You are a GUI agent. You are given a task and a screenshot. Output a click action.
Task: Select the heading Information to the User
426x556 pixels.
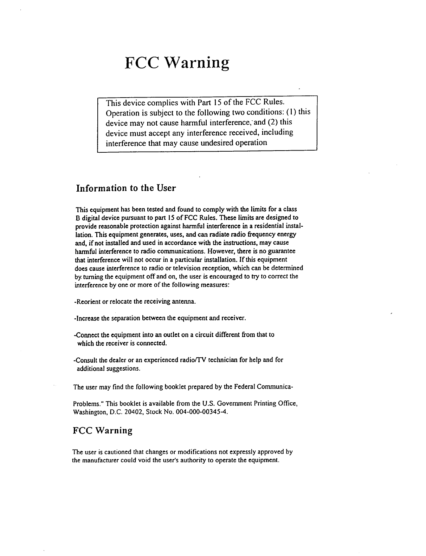[126, 188]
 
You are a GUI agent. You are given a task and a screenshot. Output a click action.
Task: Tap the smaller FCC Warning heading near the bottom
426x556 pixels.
[102, 431]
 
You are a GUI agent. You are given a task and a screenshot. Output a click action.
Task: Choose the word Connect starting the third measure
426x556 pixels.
[87, 335]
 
